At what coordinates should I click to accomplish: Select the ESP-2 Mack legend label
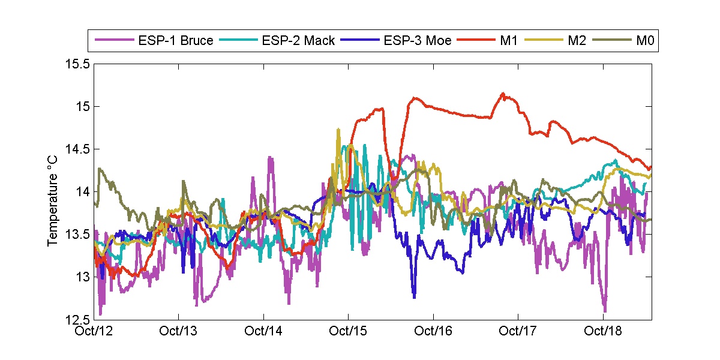[x=298, y=41]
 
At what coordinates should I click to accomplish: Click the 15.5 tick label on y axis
[x=76, y=64]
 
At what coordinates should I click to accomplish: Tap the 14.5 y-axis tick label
[x=76, y=149]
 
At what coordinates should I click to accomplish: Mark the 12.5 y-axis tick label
[x=76, y=319]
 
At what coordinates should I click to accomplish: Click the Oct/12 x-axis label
[x=93, y=331]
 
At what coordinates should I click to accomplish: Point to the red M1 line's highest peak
[x=503, y=94]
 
